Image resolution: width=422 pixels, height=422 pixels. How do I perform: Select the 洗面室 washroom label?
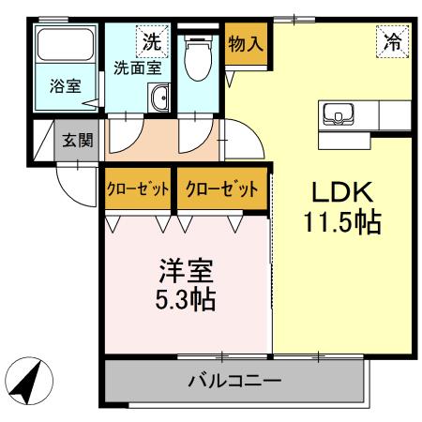(x=137, y=68)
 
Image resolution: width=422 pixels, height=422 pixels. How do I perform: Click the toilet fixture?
(x=197, y=58)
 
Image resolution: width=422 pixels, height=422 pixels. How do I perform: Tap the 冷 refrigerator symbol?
(x=391, y=40)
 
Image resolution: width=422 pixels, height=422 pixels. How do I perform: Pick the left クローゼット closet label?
(x=137, y=189)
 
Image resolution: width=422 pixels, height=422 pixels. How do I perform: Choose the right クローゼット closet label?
(x=220, y=189)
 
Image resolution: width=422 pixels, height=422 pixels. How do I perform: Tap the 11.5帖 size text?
(x=342, y=225)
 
